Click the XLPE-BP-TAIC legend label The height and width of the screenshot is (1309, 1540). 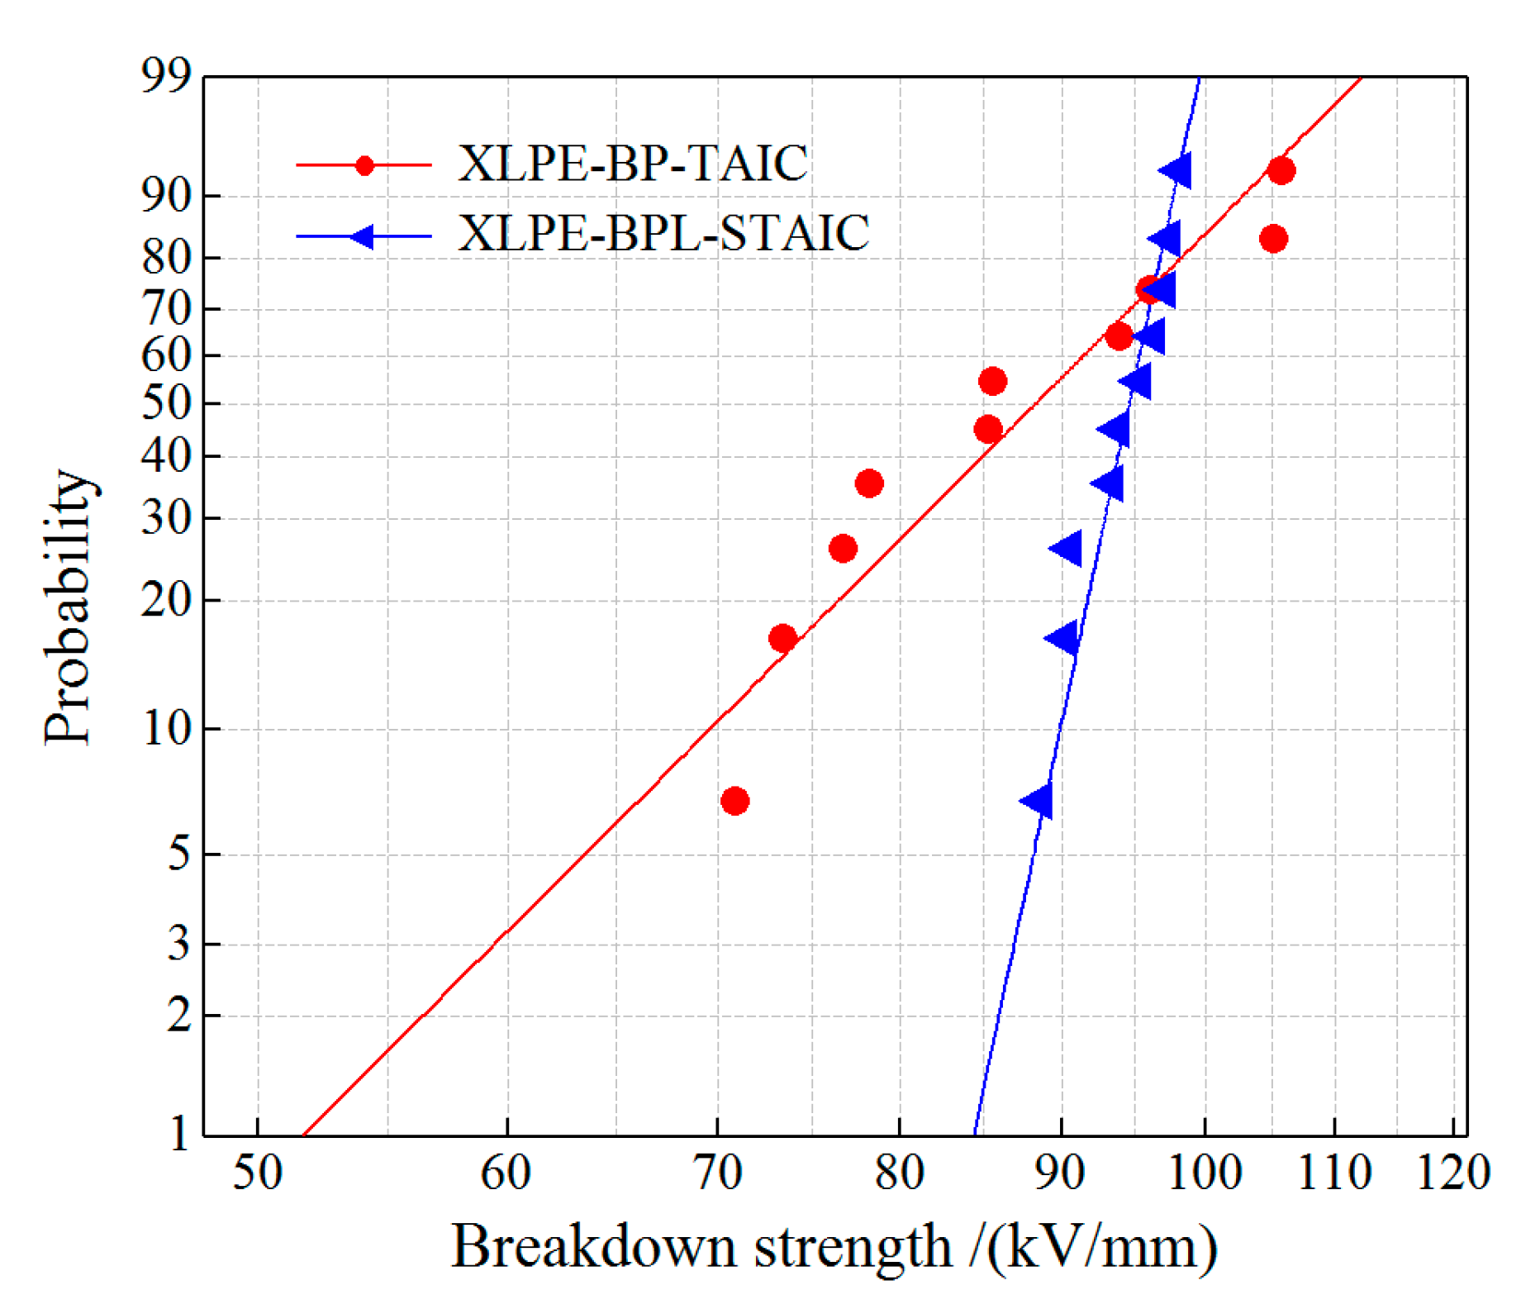coord(632,164)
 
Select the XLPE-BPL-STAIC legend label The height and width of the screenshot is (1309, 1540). coord(663,233)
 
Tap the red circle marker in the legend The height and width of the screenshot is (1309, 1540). coord(364,165)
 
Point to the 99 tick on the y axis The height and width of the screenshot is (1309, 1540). coord(166,77)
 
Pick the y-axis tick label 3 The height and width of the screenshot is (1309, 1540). coord(178,943)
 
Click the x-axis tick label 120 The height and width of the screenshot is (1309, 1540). coord(1452,1173)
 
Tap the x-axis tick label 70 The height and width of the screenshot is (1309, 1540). coord(716,1173)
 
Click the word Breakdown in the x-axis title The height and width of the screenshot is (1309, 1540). coord(593,1247)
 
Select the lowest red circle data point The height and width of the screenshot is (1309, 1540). coord(734,801)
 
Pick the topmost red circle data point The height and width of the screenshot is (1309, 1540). coord(1281,171)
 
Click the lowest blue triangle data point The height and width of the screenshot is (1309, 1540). coord(1039,801)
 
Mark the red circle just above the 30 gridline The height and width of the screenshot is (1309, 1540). coord(868,483)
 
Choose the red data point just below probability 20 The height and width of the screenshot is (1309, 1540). coord(782,638)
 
